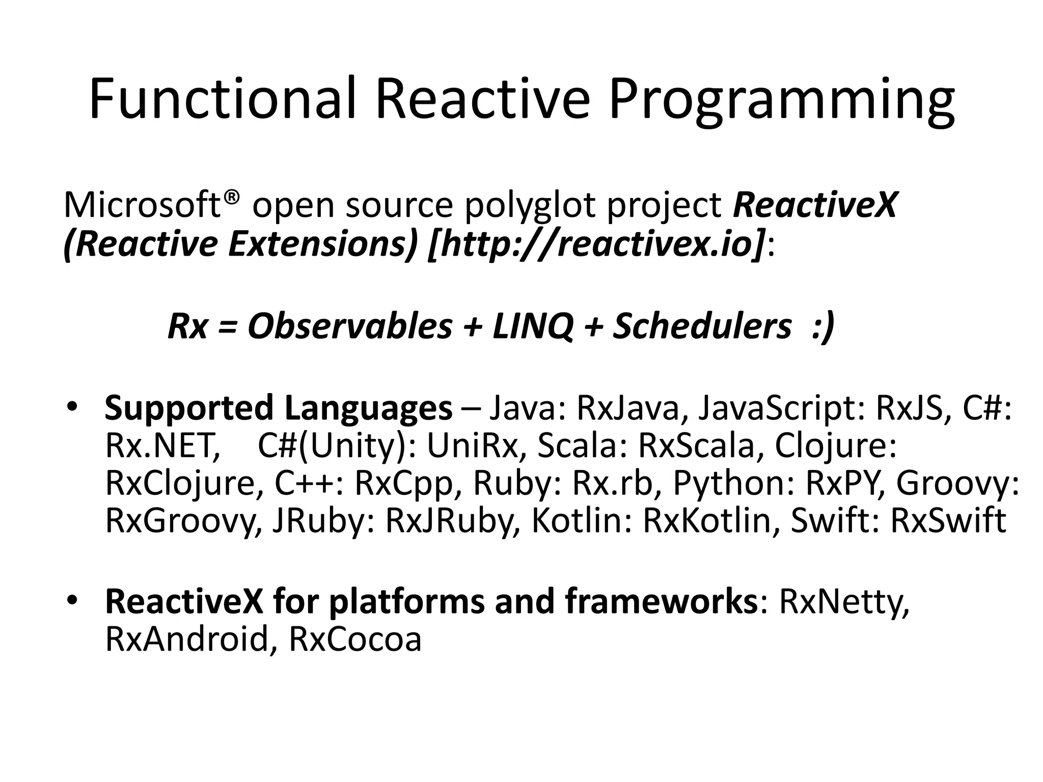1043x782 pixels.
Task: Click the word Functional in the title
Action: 222,98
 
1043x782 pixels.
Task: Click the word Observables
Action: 350,326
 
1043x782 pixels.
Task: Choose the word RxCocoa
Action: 355,639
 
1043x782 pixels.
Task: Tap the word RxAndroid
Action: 186,639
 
